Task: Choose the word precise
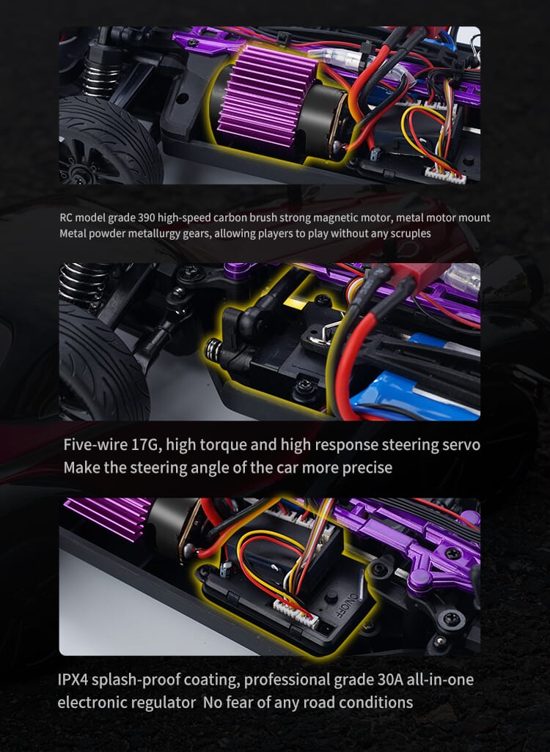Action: point(367,467)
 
